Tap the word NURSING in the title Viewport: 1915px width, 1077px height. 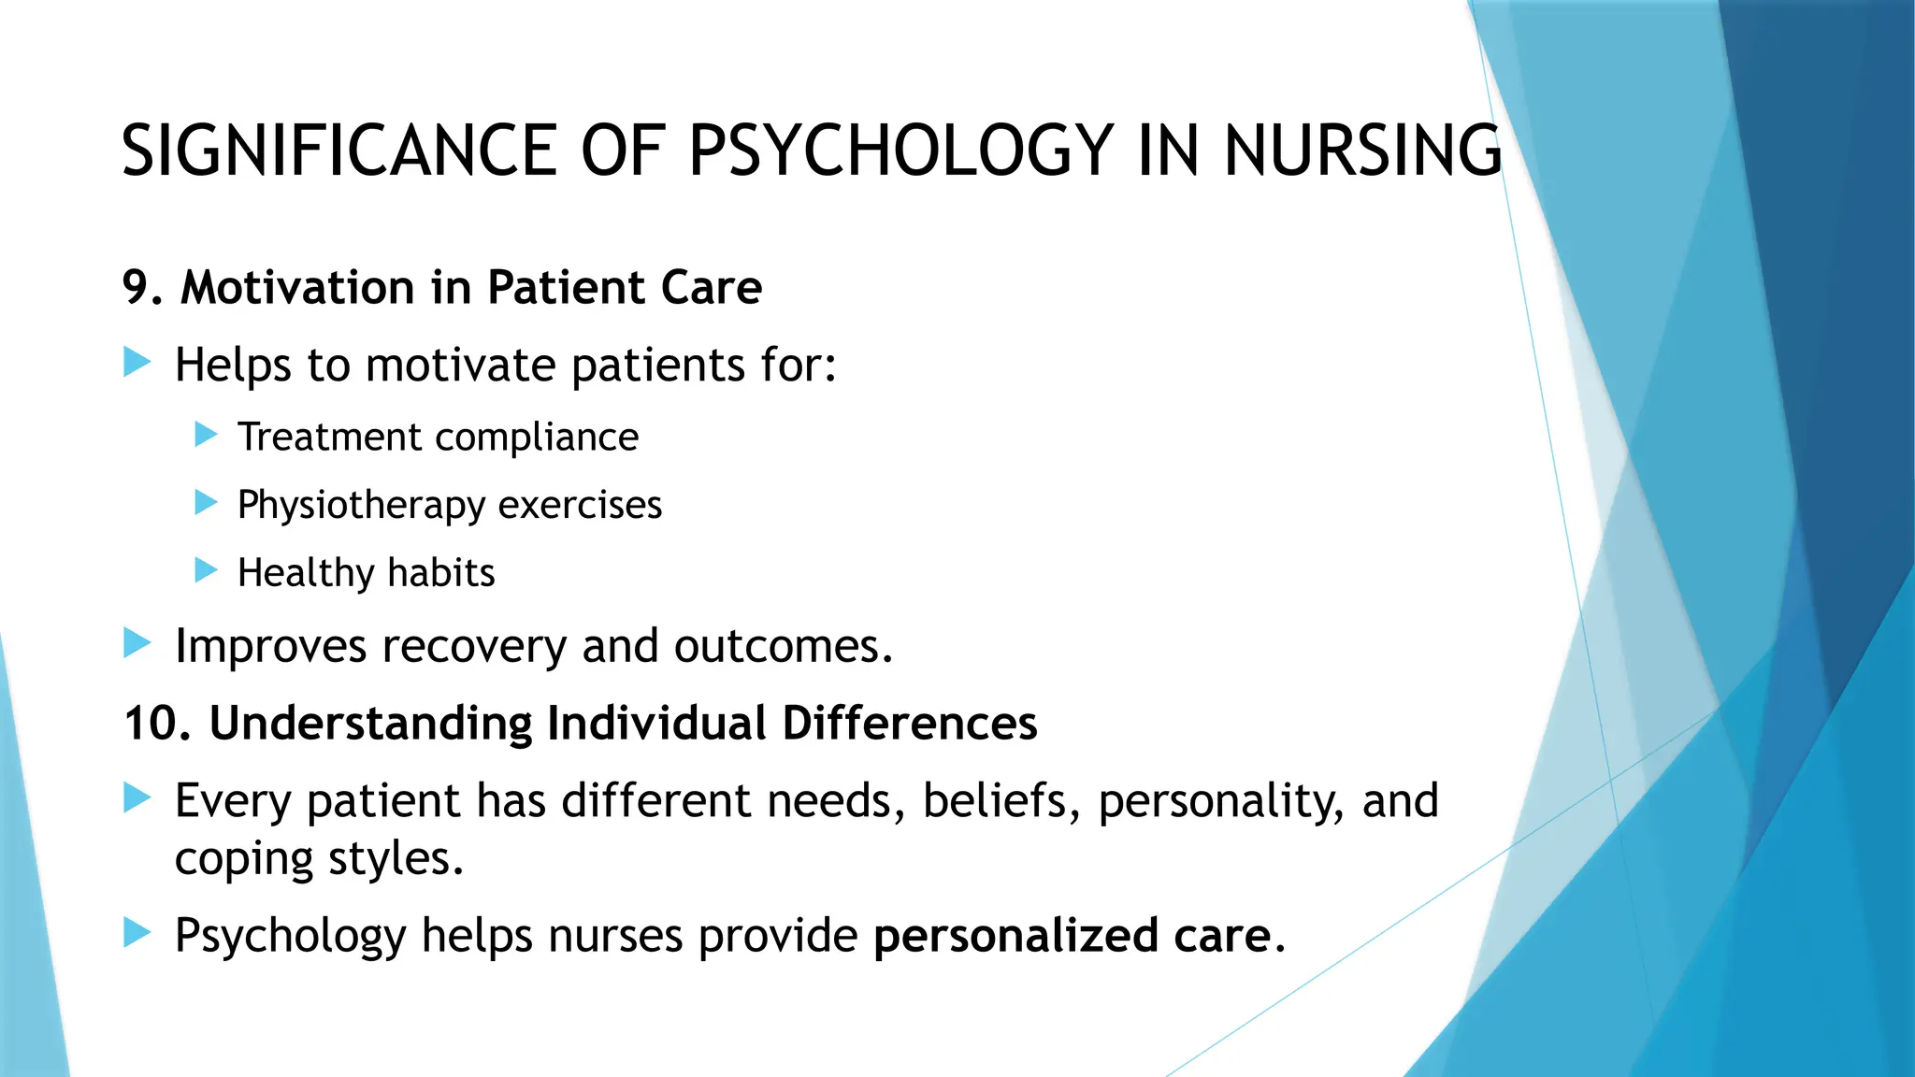click(x=1362, y=151)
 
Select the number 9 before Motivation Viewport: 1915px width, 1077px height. click(x=137, y=287)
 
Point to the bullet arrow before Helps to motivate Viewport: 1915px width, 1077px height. click(x=137, y=362)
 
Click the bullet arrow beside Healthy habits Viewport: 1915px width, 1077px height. click(x=206, y=569)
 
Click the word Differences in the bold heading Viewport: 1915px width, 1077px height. click(x=909, y=724)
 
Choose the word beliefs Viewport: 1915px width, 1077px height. click(x=994, y=800)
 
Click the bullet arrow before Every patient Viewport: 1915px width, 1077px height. click(x=137, y=797)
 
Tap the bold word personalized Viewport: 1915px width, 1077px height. click(x=1015, y=936)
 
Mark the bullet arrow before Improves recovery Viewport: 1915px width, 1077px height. click(x=137, y=643)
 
